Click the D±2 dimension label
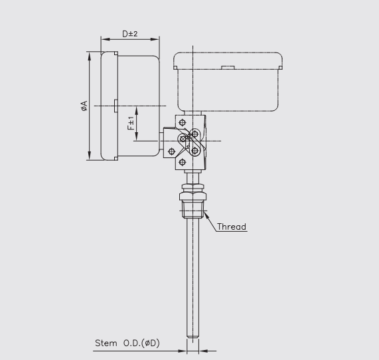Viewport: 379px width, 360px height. [129, 34]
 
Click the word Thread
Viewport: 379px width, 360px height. [232, 227]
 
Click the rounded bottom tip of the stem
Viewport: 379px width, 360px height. [192, 335]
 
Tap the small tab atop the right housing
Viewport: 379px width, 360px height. [227, 67]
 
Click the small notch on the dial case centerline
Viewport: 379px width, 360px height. [115, 106]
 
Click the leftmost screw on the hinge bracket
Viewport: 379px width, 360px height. [172, 151]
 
